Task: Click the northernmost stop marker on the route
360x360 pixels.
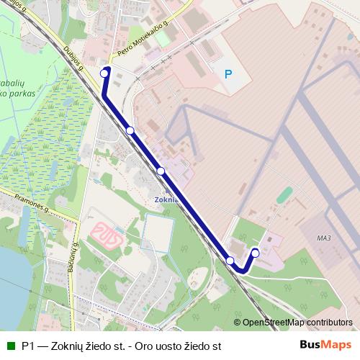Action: click(104, 73)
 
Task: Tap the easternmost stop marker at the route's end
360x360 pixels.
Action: click(255, 253)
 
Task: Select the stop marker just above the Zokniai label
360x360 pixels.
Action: click(161, 171)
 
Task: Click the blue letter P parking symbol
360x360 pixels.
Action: click(228, 73)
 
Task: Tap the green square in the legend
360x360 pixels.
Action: click(10, 345)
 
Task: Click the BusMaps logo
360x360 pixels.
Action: click(325, 345)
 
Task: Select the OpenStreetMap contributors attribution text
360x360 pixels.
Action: click(297, 323)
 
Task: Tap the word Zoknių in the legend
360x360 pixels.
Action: click(71, 346)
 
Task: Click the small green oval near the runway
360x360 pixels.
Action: click(285, 194)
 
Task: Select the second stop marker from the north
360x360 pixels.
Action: click(130, 130)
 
